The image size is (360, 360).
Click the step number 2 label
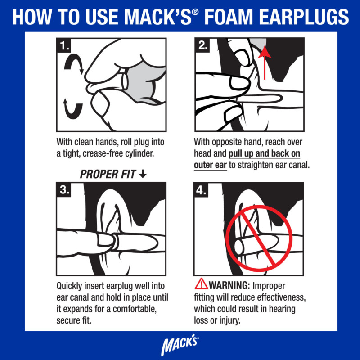(202, 45)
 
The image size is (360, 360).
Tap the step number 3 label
(64, 189)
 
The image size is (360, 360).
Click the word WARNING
(228, 286)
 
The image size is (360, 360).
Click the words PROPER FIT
(108, 175)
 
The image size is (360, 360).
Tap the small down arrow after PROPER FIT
(143, 175)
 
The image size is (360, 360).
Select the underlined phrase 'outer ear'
(210, 165)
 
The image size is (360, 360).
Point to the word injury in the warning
(230, 321)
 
